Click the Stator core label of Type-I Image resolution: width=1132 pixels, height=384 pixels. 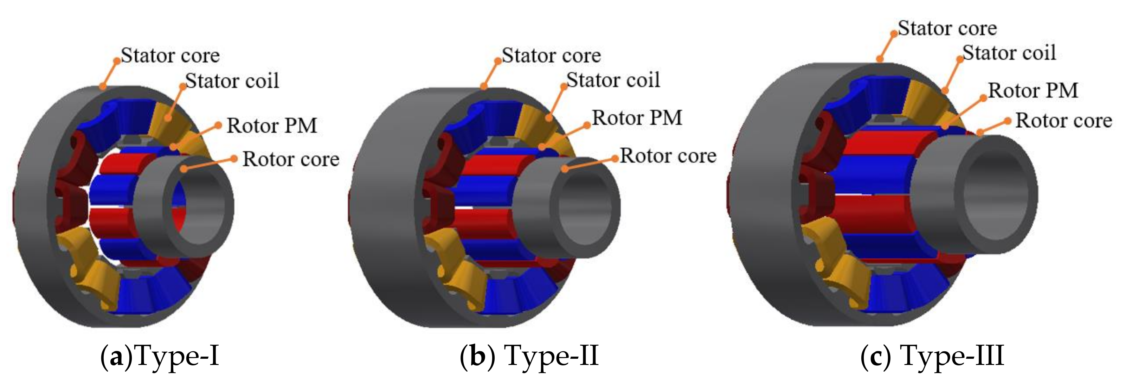(x=170, y=55)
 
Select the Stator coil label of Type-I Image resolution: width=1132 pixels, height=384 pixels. (x=232, y=81)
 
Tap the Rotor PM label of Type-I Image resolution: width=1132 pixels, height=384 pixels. (x=271, y=126)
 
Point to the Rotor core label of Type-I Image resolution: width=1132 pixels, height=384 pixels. (x=291, y=159)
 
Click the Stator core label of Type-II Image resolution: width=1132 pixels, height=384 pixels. (x=551, y=55)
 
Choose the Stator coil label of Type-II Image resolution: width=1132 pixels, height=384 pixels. (x=613, y=80)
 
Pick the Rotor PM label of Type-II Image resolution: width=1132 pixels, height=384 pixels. (x=637, y=118)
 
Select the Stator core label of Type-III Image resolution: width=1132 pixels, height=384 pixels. (x=947, y=28)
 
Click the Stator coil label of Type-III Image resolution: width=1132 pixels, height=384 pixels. (x=1009, y=53)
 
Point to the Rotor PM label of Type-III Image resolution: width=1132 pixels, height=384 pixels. (x=1033, y=90)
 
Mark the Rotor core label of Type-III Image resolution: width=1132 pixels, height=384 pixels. (x=1063, y=121)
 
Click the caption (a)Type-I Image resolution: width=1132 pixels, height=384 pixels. (x=160, y=356)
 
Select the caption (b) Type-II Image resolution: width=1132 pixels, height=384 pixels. (x=529, y=356)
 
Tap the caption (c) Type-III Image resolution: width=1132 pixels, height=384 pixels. (x=932, y=356)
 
